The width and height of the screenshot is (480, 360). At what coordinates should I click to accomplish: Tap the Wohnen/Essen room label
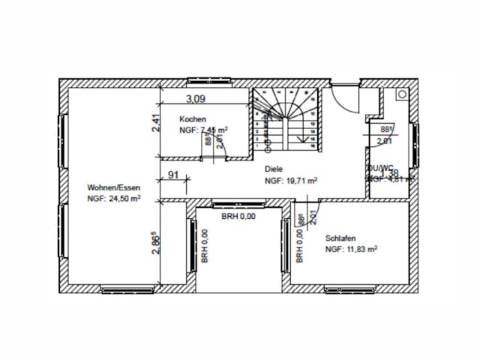pos(113,187)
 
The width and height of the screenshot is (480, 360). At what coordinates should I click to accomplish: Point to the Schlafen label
pos(340,238)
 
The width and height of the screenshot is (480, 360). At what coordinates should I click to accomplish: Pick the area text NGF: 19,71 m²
pos(290,181)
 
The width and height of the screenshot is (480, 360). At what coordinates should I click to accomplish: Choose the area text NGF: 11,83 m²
pos(351,249)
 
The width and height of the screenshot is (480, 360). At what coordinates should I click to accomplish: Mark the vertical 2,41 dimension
pos(155,122)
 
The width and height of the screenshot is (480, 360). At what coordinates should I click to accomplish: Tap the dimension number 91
pos(172,175)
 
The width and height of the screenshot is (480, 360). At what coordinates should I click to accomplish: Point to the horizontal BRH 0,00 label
pos(238,216)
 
